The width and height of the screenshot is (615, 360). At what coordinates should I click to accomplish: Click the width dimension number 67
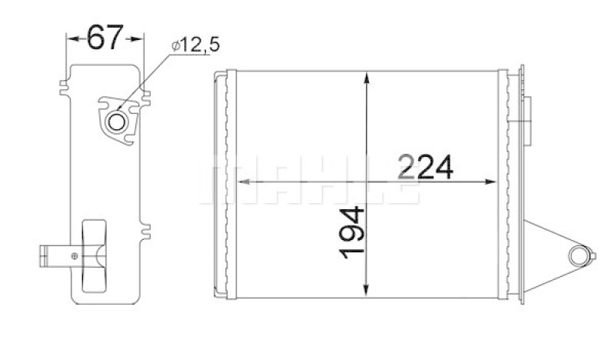coord(105,37)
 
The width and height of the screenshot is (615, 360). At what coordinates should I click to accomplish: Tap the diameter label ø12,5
coord(195,46)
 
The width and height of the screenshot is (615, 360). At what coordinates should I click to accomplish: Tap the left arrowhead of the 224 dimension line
coord(238,182)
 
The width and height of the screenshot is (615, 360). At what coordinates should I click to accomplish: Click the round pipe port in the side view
coord(117,121)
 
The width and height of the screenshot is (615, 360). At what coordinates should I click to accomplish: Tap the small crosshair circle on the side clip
coord(74,255)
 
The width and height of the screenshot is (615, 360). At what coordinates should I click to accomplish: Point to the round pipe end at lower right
coord(580,255)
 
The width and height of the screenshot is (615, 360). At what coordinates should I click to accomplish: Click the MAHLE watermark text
coord(307,182)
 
